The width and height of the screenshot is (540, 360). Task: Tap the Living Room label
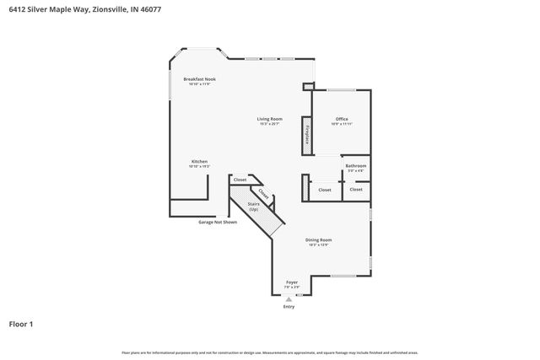(270, 119)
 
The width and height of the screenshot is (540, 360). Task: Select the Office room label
(342, 119)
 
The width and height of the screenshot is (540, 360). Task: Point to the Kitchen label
(199, 161)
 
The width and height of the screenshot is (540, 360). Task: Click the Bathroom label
(356, 165)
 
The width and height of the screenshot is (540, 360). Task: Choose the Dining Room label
(318, 239)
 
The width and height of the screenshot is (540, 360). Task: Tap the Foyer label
(292, 282)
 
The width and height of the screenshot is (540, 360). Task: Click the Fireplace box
(307, 136)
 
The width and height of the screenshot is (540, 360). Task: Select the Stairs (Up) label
(253, 206)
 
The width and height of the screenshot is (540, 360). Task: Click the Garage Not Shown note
(218, 223)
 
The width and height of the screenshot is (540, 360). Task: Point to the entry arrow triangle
(289, 298)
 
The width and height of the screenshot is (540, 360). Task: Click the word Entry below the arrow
(289, 307)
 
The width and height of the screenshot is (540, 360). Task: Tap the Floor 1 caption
(21, 324)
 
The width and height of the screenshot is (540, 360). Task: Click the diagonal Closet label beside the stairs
(264, 193)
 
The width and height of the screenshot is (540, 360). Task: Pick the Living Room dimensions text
(270, 124)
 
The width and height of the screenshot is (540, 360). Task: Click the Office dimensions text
(342, 124)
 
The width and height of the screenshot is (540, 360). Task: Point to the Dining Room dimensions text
(318, 244)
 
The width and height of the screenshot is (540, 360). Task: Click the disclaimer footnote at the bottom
(270, 352)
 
